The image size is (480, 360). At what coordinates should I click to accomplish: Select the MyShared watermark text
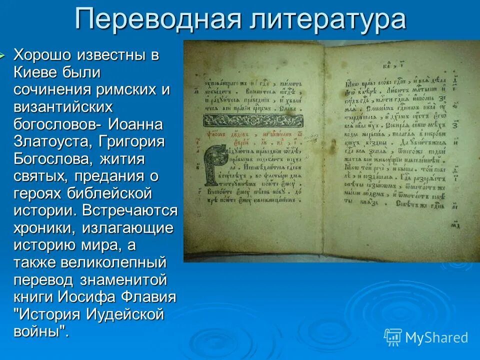tap(436, 337)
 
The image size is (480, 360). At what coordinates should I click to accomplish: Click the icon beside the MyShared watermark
tap(392, 337)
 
